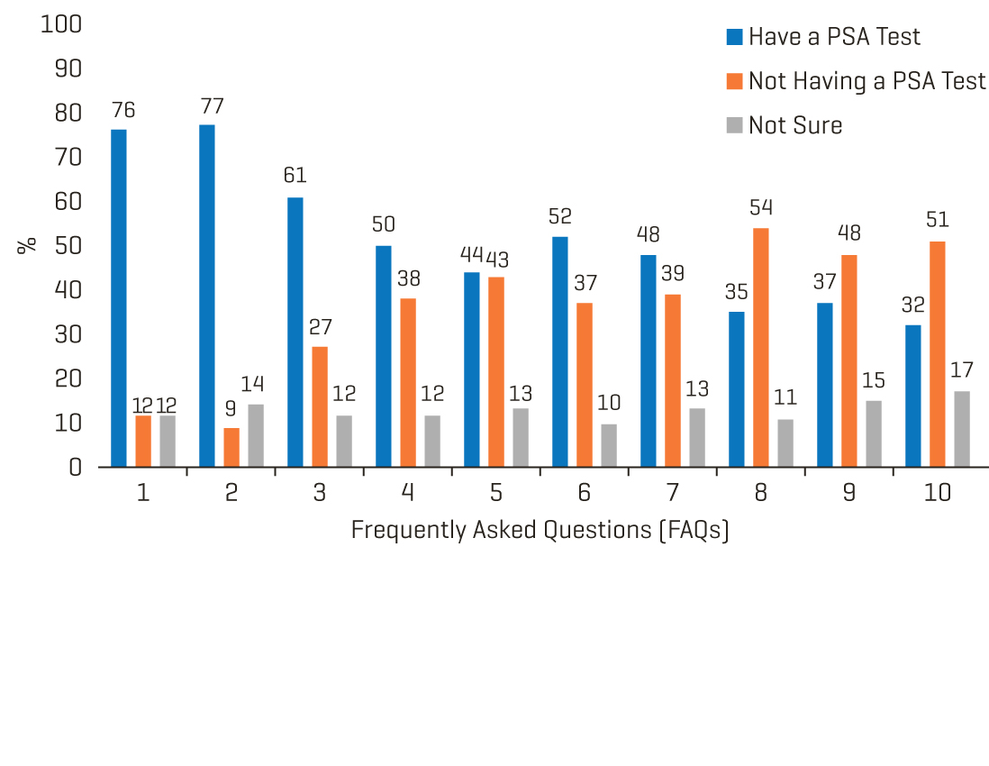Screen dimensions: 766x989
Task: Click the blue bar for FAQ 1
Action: pos(119,297)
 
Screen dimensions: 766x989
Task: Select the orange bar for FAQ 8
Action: pos(761,347)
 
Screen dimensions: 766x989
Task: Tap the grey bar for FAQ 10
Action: pos(962,428)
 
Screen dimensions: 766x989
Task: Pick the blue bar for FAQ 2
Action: pos(207,296)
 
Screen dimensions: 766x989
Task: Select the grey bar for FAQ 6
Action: pos(609,445)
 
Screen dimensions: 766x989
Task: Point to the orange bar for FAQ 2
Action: pos(231,447)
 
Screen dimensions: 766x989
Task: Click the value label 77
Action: pos(213,106)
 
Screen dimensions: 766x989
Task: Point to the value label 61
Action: pos(295,175)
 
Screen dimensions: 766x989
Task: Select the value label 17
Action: pos(961,370)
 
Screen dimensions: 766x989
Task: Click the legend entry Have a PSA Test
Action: pos(834,37)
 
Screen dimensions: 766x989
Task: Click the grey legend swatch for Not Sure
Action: pos(734,125)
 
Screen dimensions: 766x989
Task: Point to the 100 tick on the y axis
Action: pos(61,24)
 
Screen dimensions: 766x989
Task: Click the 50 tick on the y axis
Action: pos(67,246)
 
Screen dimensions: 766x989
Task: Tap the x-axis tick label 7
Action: pos(673,493)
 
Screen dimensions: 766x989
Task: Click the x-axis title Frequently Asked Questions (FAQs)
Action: pos(540,530)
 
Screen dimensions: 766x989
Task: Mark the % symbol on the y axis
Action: pos(27,244)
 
